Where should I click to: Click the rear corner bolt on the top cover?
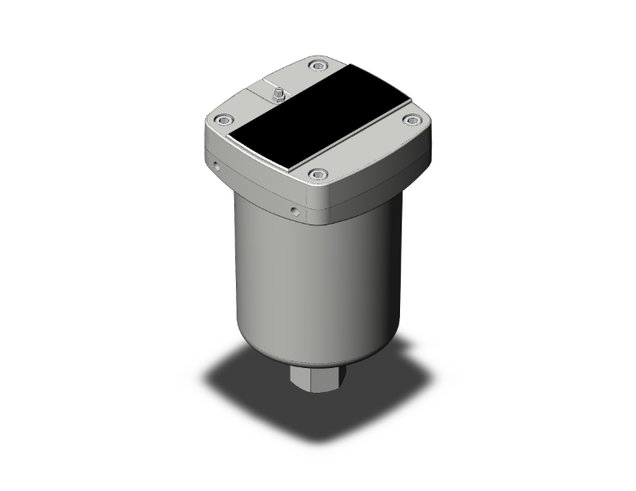(x=318, y=66)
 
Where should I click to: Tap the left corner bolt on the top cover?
(x=223, y=120)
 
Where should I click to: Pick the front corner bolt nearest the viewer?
(x=318, y=175)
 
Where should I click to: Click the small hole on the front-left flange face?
(x=293, y=207)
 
